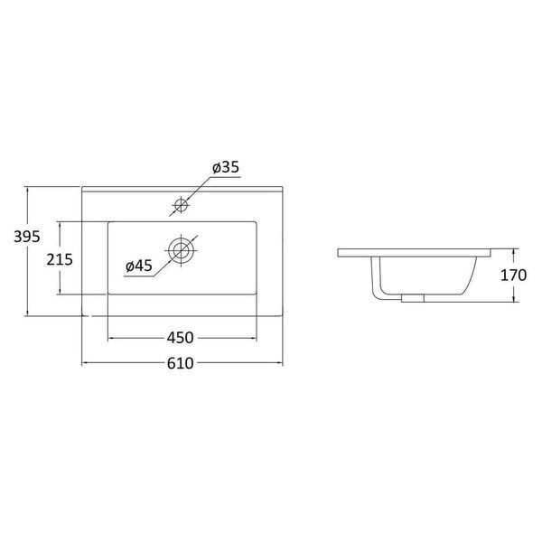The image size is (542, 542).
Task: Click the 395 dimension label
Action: [26, 237]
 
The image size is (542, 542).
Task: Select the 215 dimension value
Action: [60, 259]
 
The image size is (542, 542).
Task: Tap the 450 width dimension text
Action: [181, 338]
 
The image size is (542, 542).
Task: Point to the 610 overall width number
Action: [181, 363]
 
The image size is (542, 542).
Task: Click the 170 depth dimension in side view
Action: [514, 276]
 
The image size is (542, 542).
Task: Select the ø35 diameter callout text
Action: [226, 167]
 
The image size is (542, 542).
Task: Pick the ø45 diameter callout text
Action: [139, 266]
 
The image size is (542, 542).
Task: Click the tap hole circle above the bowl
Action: [182, 205]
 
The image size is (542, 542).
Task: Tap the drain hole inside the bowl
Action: [182, 250]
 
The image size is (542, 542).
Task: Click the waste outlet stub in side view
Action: [413, 299]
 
